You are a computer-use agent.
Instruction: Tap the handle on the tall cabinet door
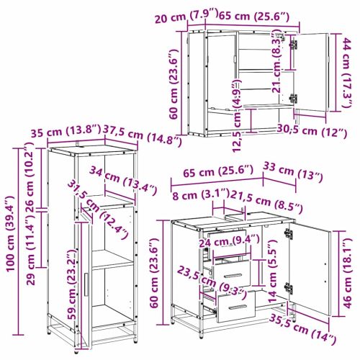pos(86,285)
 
